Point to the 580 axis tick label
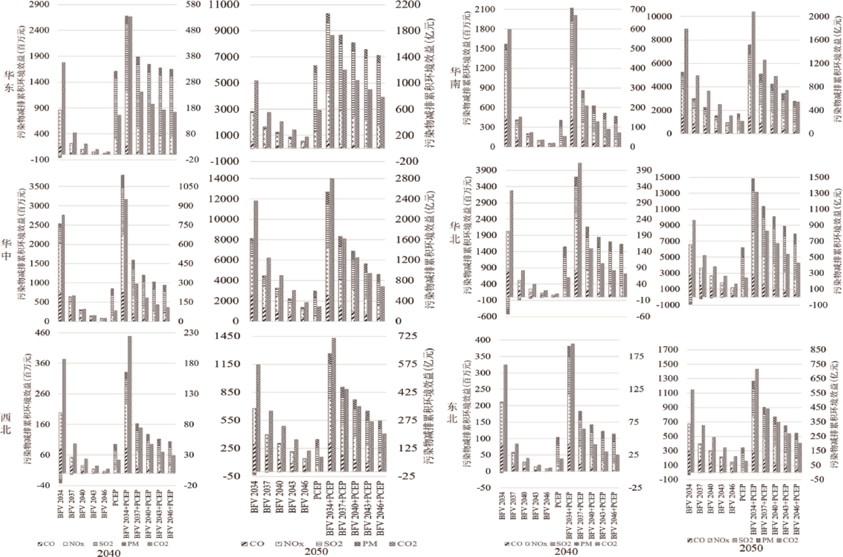193,5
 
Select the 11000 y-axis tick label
226,5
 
